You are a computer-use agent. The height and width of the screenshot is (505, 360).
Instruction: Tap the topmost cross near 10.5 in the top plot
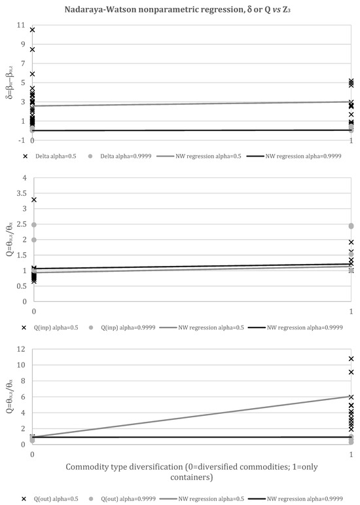(33, 30)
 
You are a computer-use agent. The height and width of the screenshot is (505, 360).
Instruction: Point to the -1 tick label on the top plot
(21, 140)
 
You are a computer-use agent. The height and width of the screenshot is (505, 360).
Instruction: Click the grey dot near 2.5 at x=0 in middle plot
(33, 225)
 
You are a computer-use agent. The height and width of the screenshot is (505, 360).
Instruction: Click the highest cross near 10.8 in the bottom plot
(351, 359)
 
